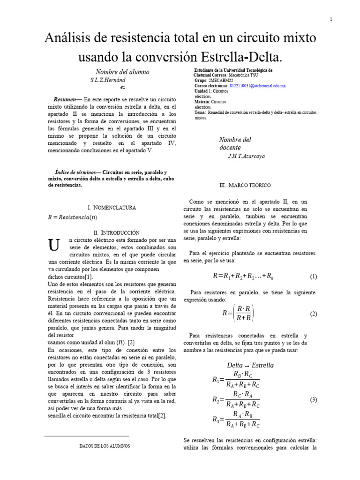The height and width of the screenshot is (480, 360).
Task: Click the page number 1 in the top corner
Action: (x=331, y=19)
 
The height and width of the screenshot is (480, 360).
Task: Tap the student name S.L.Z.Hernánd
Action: (x=108, y=80)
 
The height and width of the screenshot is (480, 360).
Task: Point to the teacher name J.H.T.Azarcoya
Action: (x=246, y=156)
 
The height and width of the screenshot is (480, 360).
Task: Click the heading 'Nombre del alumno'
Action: (x=122, y=72)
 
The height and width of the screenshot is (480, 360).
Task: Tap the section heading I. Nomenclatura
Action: (x=112, y=207)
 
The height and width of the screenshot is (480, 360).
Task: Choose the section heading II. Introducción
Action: (x=116, y=232)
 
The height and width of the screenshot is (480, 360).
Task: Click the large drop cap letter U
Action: (x=54, y=245)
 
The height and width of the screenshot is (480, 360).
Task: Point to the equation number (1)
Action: (x=314, y=277)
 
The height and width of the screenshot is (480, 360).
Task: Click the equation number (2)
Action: (x=314, y=314)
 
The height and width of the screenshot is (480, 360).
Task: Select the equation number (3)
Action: (x=314, y=399)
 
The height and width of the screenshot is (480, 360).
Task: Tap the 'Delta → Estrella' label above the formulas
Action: (x=250, y=365)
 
